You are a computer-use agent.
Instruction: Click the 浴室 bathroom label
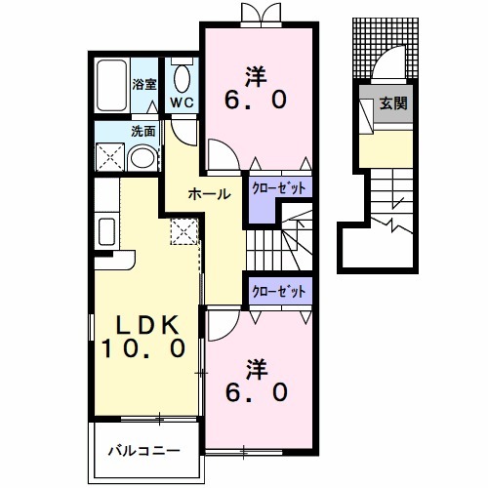[x=144, y=85]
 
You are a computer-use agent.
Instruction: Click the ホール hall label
[x=209, y=193]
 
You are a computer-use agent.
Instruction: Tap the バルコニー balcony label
[x=142, y=451]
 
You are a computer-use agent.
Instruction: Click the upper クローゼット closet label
[x=280, y=186]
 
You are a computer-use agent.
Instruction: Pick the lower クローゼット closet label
[x=280, y=291]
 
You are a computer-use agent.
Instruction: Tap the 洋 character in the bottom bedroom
[x=256, y=369]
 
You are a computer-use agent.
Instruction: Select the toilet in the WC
[x=182, y=78]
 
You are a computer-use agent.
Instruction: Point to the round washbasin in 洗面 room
[x=142, y=158]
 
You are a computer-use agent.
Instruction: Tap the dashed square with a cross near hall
[x=183, y=231]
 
